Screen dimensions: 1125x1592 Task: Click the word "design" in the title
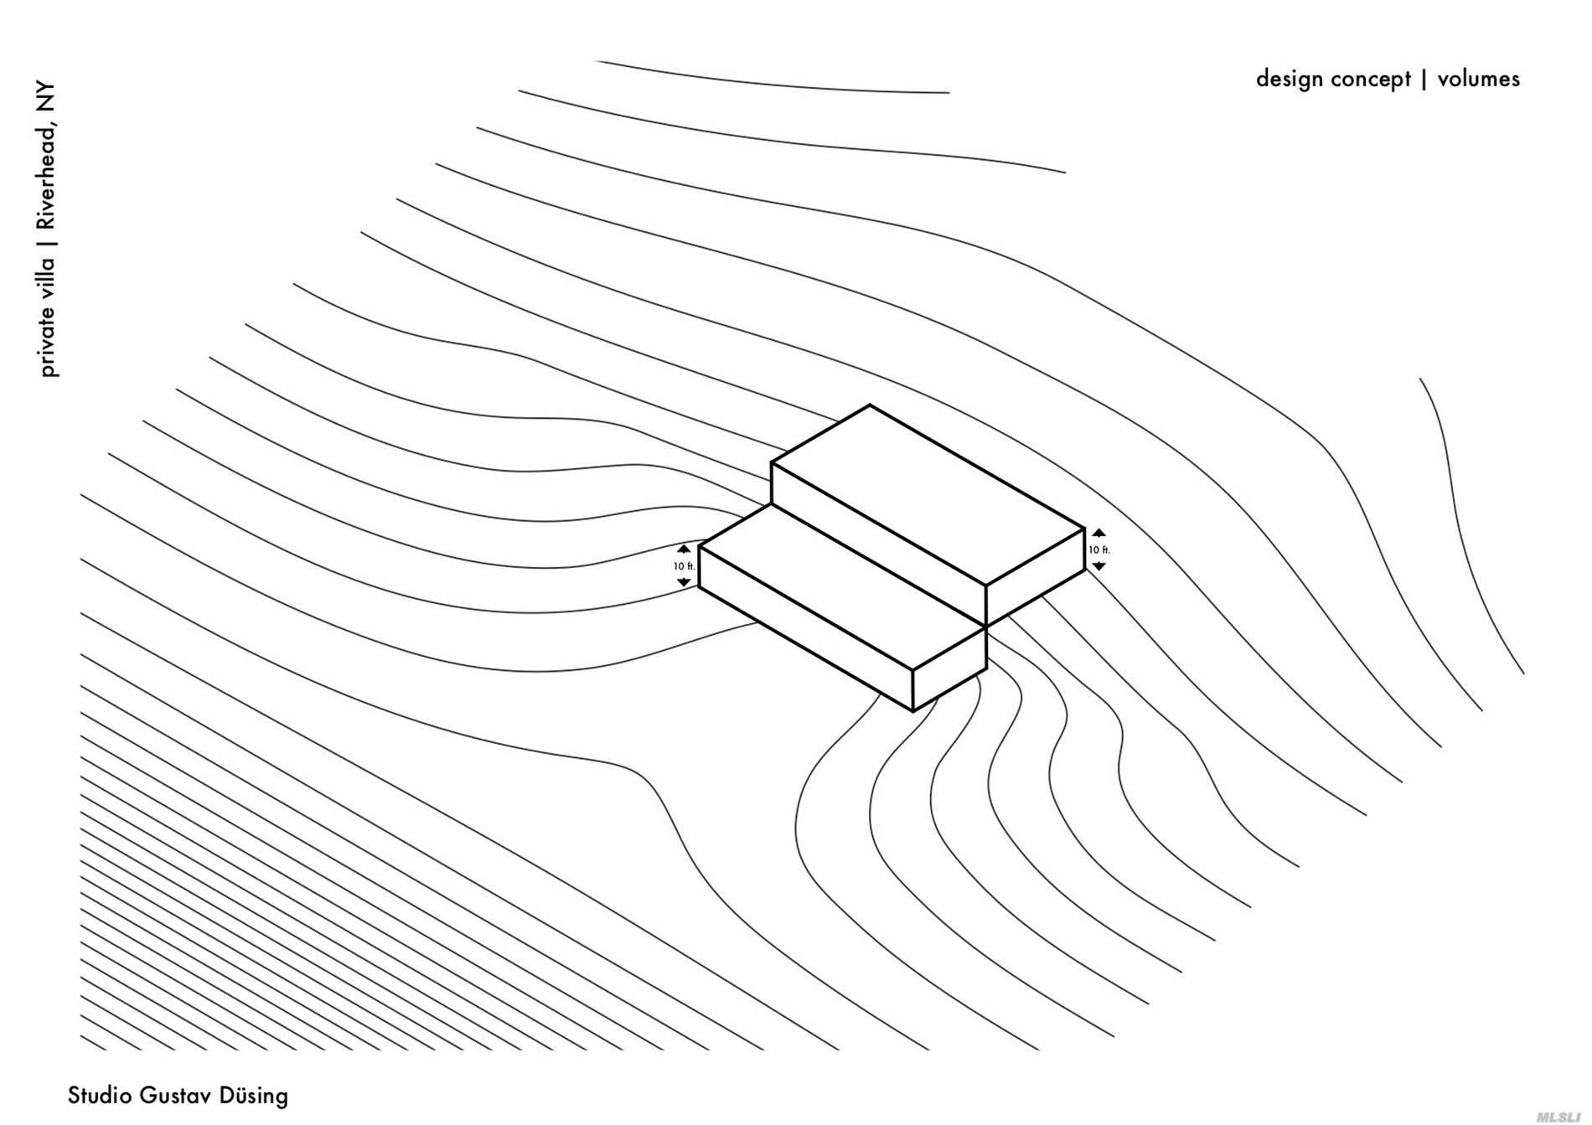click(1289, 80)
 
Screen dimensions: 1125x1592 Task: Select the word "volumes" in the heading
click(1478, 80)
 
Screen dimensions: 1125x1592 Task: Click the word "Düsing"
click(253, 1096)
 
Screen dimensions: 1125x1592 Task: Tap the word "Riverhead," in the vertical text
click(47, 175)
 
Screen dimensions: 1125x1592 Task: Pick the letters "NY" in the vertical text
click(47, 97)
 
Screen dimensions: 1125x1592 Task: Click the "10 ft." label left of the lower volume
click(685, 566)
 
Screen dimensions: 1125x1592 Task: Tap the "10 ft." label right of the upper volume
click(1099, 550)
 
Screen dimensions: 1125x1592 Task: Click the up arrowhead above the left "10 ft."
click(684, 550)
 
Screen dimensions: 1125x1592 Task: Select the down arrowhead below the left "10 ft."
click(684, 582)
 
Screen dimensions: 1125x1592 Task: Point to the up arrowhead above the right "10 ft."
click(1099, 533)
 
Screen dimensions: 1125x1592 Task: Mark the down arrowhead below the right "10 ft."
click(1099, 567)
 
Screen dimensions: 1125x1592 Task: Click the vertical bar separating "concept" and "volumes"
click(1424, 80)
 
